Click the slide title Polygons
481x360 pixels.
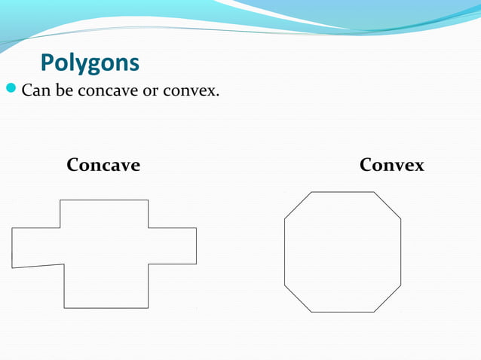[x=89, y=63]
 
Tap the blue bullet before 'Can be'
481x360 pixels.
[x=11, y=92]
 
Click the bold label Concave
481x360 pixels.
[x=103, y=165]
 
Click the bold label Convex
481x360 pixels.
[x=391, y=165]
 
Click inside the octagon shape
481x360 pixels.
[x=342, y=252]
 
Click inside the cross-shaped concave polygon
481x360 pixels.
[x=106, y=249]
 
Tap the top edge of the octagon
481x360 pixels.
[x=342, y=192]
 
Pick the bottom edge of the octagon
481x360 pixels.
[x=342, y=312]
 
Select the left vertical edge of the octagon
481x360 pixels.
[x=284, y=252]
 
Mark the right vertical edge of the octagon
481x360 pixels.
[x=400, y=252]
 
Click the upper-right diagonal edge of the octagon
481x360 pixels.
[x=387, y=206]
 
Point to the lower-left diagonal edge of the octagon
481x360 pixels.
[x=297, y=299]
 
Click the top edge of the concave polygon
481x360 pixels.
[x=104, y=200]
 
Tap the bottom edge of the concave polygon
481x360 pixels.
[x=106, y=308]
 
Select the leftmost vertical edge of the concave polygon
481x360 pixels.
[x=12, y=248]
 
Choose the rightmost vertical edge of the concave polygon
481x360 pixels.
[x=196, y=246]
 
